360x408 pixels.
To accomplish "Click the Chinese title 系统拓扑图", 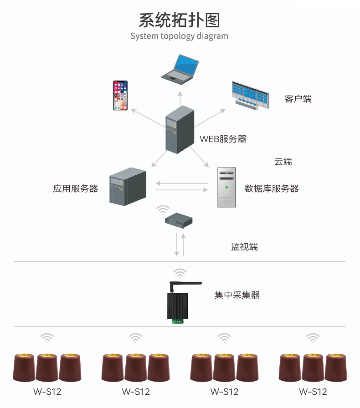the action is pos(179,20).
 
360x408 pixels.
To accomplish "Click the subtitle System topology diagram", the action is pos(179,36).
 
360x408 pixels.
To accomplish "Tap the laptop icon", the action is pos(180,70).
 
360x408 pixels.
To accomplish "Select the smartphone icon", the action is pos(120,96).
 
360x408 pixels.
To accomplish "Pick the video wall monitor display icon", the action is pos(250,95).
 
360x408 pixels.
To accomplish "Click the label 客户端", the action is pos(298,99).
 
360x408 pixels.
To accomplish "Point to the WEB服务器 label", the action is pos(223,139).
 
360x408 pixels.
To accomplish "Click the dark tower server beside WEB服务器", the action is pos(180,130).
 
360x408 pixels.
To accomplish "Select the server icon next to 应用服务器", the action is pos(128,186).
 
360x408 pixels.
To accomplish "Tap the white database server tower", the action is pos(226,187).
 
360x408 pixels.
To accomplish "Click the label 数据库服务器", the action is pos(272,189).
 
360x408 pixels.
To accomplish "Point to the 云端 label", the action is pos(283,162).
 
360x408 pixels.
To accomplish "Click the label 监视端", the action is pos(244,247).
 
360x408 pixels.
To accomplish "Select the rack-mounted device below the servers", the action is pos(179,220).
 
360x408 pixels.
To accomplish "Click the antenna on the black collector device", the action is pos(185,284).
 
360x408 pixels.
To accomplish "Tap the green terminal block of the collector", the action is pos(178,321).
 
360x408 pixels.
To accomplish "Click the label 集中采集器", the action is pos(237,295).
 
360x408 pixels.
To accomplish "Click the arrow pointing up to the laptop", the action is pos(180,99).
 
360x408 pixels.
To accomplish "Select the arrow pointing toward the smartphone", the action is pos(148,118).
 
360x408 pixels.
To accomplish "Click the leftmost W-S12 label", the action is pos(47,392).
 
